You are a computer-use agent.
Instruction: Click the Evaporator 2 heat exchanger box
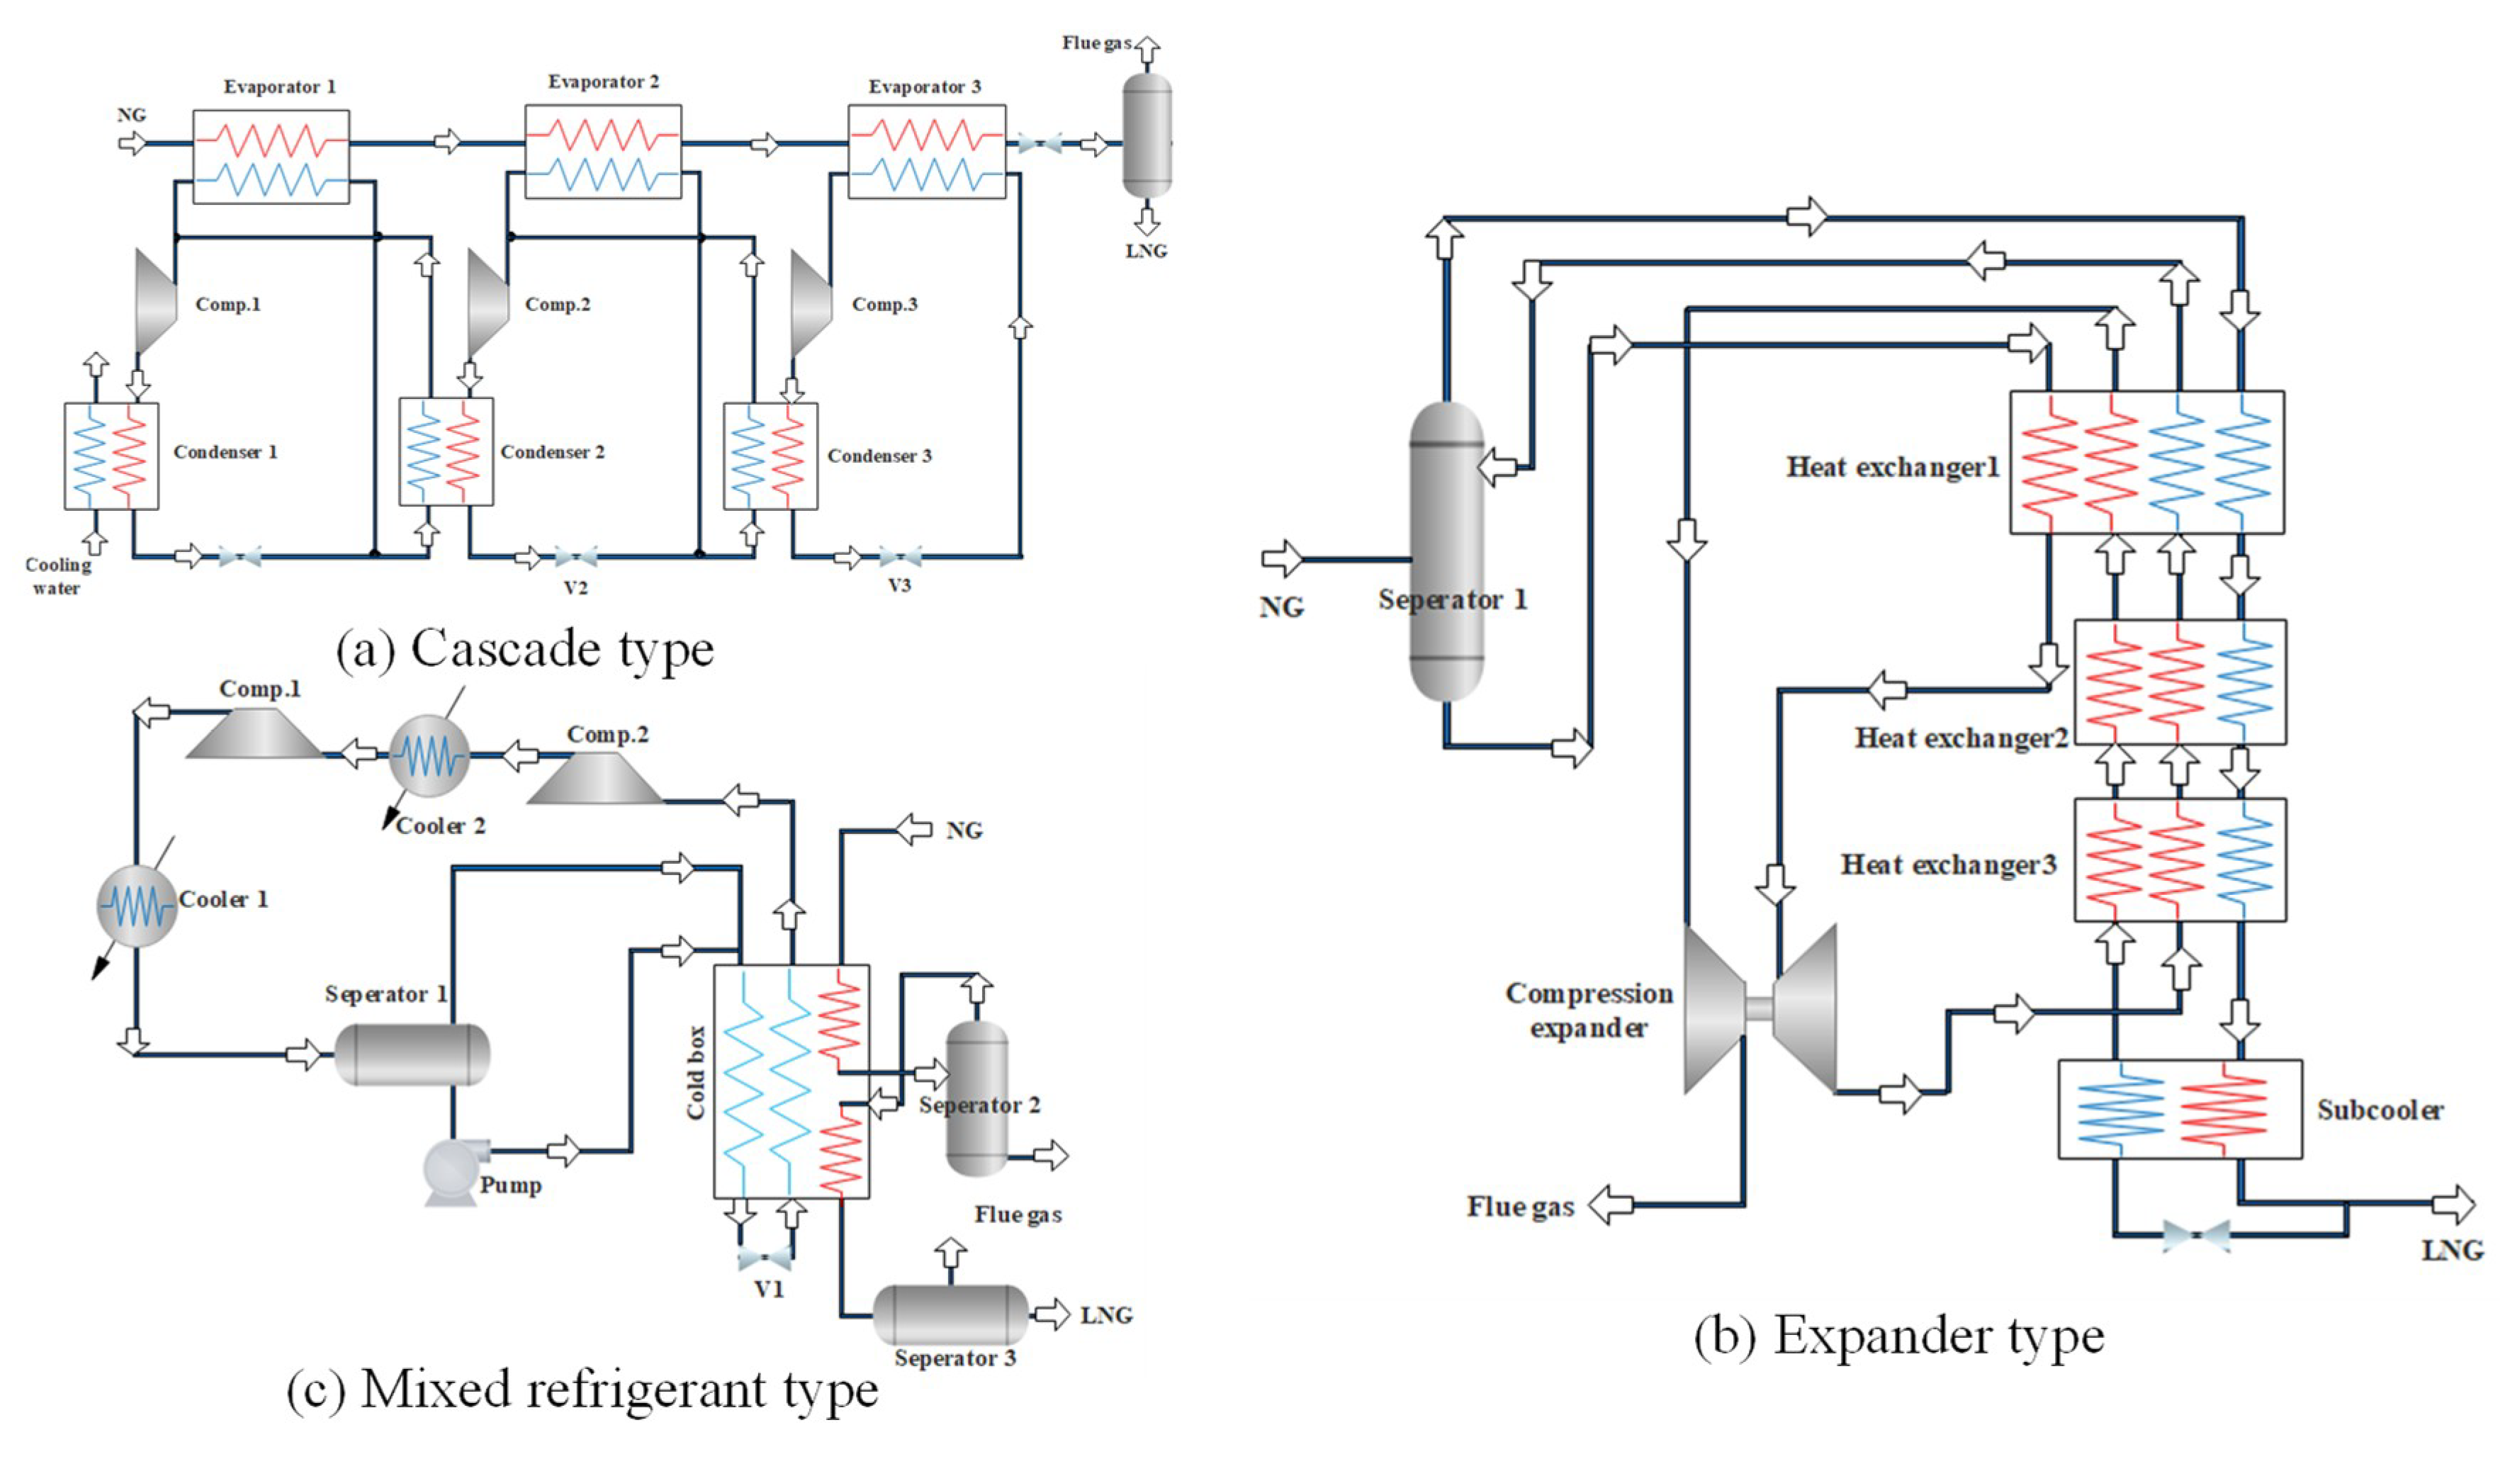pyautogui.click(x=602, y=152)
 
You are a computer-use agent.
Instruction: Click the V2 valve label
pyautogui.click(x=575, y=587)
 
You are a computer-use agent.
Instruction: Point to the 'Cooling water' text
pyautogui.click(x=57, y=575)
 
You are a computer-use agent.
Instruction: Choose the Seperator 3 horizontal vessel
pyautogui.click(x=950, y=1315)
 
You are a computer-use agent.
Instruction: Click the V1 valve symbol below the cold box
pyautogui.click(x=765, y=1260)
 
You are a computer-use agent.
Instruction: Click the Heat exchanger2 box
pyautogui.click(x=2180, y=682)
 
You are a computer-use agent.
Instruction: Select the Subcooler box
pyautogui.click(x=2180, y=1109)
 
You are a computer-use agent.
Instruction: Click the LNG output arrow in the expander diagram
pyautogui.click(x=2453, y=1204)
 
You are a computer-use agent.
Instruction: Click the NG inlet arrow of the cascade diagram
pyautogui.click(x=132, y=144)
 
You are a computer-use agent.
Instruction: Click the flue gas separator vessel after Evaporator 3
pyautogui.click(x=1146, y=136)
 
